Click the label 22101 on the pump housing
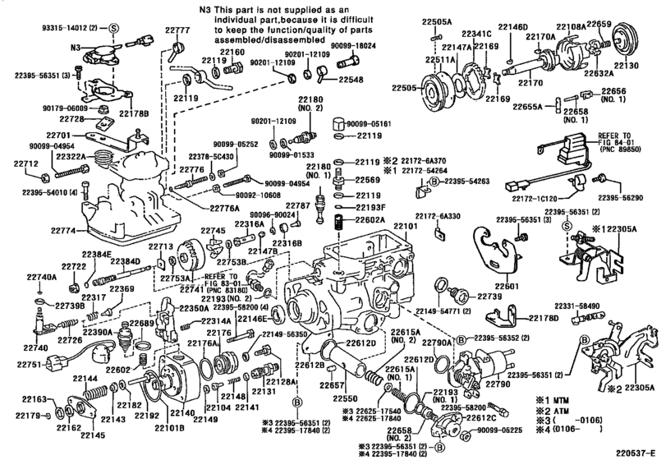(x=406, y=226)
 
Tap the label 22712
(x=26, y=163)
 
